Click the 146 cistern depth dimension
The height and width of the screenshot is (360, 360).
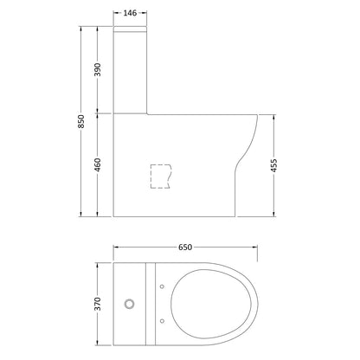coord(130,13)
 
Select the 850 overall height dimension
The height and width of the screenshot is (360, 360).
coord(81,121)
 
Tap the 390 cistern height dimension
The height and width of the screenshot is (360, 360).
coord(98,69)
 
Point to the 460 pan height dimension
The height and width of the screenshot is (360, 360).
coord(98,164)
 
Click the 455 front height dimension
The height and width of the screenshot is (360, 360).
coord(274,165)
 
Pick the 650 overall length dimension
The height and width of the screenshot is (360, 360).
coord(185,247)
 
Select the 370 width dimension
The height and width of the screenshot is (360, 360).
coord(98,304)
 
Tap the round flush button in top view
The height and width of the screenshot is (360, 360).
coord(129,304)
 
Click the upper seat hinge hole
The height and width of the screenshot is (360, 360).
coord(162,286)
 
